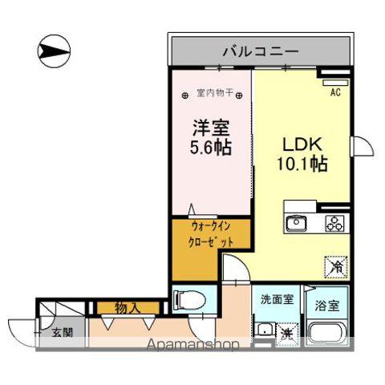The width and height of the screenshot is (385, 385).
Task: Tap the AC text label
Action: coord(336,91)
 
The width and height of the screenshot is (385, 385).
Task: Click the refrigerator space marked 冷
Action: coord(332,262)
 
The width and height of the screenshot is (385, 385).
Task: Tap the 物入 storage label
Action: coord(126,306)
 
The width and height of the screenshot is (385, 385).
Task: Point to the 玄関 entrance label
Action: coord(62,331)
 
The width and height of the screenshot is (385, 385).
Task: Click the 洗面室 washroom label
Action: coord(275,300)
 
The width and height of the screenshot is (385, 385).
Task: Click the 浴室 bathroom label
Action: coord(327,305)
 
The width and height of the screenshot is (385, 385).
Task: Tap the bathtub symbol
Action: coord(328,334)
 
